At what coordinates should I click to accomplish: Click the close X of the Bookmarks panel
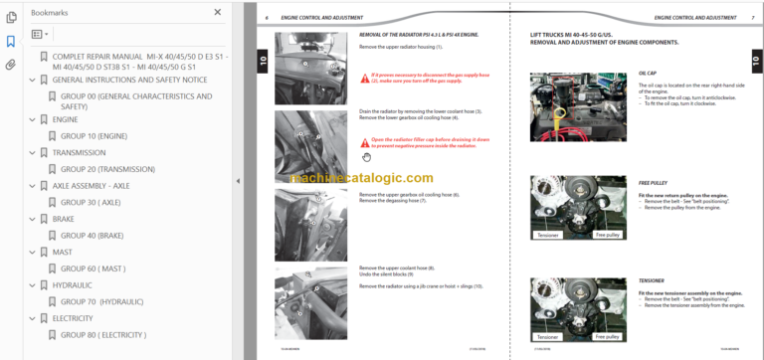click(218, 12)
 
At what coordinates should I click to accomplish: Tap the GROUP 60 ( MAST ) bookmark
click(93, 269)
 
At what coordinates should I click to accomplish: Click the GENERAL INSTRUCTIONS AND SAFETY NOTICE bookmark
click(129, 80)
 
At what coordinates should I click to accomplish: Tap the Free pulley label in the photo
click(607, 235)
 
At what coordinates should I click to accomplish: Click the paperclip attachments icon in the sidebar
click(11, 65)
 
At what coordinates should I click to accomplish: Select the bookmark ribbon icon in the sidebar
click(11, 41)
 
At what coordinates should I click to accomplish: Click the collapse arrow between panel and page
click(237, 181)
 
